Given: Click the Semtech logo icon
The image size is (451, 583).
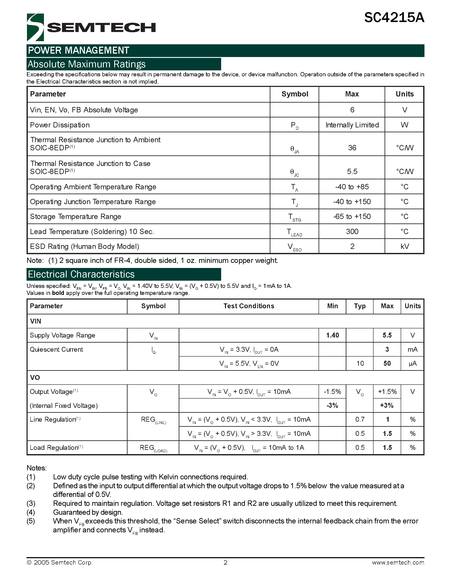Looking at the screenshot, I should pyautogui.click(x=35, y=27).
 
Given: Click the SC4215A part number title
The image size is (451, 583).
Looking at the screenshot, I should pyautogui.click(x=394, y=18).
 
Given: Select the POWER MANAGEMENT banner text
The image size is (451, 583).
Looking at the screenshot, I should pyautogui.click(x=79, y=50).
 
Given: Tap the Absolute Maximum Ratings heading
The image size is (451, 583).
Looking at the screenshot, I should pyautogui.click(x=87, y=64).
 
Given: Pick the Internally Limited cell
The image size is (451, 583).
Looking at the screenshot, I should pyautogui.click(x=352, y=125).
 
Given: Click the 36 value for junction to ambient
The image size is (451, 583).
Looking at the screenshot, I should pyautogui.click(x=352, y=148).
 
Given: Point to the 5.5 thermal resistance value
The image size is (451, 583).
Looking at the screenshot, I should pyautogui.click(x=352, y=171).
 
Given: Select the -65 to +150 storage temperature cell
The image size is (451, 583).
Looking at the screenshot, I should pyautogui.click(x=352, y=216).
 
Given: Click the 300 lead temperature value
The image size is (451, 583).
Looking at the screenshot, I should pyautogui.click(x=352, y=232).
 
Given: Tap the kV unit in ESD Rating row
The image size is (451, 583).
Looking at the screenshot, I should pyautogui.click(x=405, y=246).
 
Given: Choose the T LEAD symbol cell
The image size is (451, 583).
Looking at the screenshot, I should pyautogui.click(x=294, y=232).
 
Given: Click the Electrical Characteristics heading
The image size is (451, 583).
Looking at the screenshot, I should pyautogui.click(x=81, y=274).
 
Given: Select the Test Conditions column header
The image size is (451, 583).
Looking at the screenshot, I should pyautogui.click(x=249, y=306).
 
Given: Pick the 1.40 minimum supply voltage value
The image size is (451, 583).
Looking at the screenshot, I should pyautogui.click(x=332, y=335).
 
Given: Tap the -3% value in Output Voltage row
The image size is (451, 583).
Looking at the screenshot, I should pyautogui.click(x=332, y=406).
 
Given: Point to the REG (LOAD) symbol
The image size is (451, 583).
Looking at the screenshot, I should pyautogui.click(x=153, y=448).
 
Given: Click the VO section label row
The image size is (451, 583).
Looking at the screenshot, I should pyautogui.click(x=35, y=377).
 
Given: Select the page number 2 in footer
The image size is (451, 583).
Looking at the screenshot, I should pyautogui.click(x=225, y=562).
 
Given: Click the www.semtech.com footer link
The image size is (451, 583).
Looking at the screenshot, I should pyautogui.click(x=398, y=562).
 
